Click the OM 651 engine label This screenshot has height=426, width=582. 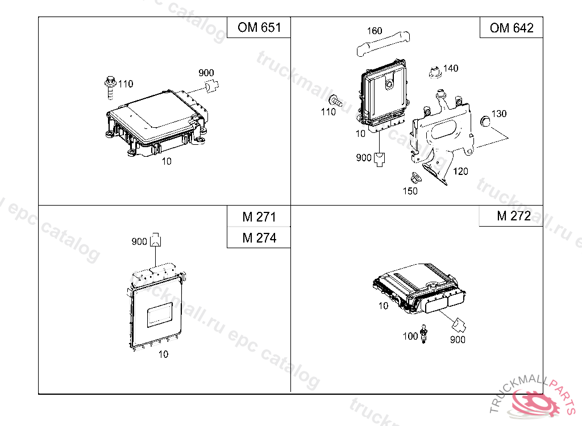(x=259, y=27)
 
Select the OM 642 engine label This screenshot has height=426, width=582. (x=512, y=28)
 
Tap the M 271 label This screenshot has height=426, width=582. (x=259, y=217)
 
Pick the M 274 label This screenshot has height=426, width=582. (x=259, y=237)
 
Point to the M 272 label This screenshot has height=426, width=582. (x=514, y=216)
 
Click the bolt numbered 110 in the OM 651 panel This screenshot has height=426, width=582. (x=110, y=87)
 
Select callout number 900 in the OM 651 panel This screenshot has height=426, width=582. (x=206, y=73)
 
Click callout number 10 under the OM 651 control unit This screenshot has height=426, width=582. (x=167, y=161)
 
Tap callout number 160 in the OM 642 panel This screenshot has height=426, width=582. (x=375, y=31)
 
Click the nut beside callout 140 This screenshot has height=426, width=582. (x=435, y=72)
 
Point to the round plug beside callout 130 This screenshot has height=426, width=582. (x=485, y=121)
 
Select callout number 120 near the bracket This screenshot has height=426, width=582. (x=460, y=171)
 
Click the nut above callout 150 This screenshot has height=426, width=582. (x=415, y=177)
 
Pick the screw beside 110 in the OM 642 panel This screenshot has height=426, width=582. (x=335, y=100)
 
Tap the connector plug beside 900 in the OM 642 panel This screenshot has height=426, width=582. (x=379, y=160)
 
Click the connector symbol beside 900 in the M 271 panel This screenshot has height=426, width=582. (x=156, y=240)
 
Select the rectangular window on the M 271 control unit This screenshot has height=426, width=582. (x=160, y=315)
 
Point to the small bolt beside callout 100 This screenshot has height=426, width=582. (x=424, y=333)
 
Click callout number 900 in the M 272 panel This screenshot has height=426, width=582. (x=458, y=340)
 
